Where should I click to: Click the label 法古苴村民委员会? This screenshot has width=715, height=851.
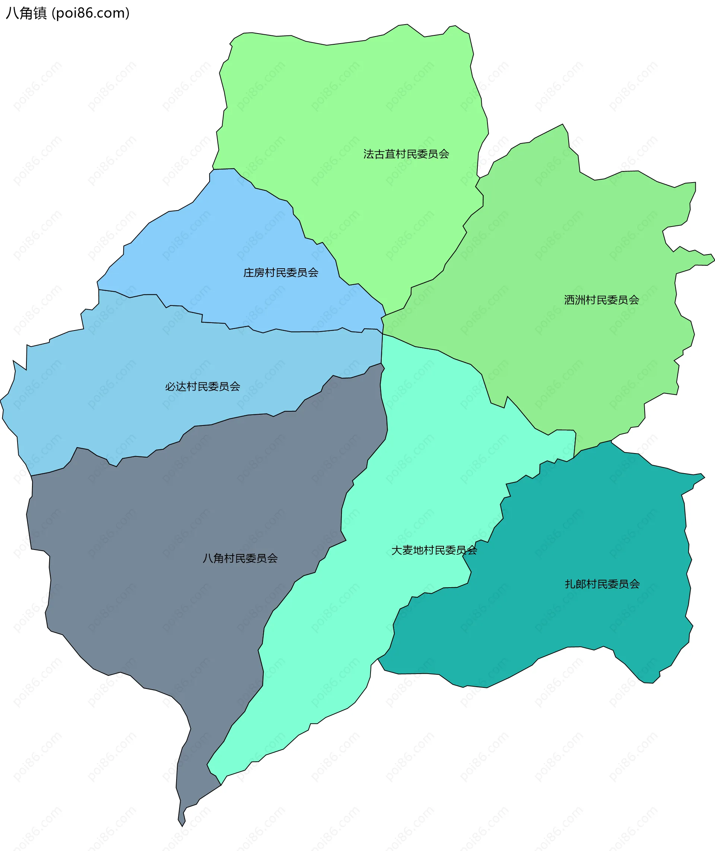click(406, 154)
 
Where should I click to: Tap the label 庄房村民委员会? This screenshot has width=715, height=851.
click(280, 272)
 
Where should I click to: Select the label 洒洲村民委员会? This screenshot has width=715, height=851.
click(601, 300)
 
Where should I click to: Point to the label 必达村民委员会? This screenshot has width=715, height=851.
click(202, 386)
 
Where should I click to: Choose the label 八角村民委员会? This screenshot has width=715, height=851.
click(240, 558)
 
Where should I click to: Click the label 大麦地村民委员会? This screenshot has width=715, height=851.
click(434, 550)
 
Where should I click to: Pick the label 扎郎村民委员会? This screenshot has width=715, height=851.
click(602, 584)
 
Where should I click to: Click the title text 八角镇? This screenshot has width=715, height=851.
click(26, 13)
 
